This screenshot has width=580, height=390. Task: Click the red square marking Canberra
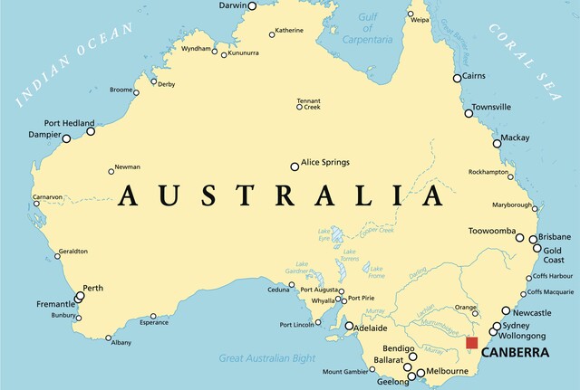tap(471, 342)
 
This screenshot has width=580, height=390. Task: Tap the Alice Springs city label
tap(324, 163)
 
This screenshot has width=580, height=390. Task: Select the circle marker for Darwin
tap(252, 5)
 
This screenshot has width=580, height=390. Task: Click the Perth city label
tap(93, 289)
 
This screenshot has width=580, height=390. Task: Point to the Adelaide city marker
tap(349, 326)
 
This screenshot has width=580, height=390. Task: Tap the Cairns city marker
tap(458, 78)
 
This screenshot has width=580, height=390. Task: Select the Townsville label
tap(491, 107)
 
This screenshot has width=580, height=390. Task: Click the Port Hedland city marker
tap(91, 132)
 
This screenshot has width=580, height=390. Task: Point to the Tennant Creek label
tap(309, 103)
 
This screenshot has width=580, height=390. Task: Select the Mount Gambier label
tap(344, 372)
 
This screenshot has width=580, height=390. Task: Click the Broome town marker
tap(139, 90)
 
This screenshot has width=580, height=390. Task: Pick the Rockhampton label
tap(494, 172)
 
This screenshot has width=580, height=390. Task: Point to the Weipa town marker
tap(411, 16)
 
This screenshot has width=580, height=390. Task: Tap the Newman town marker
tap(111, 169)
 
